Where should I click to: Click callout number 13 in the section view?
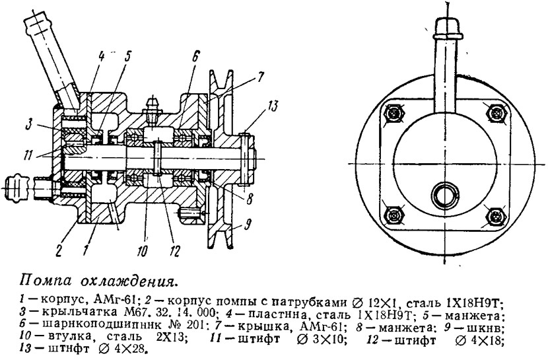click(x=273, y=106)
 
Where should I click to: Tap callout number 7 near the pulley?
click(x=261, y=77)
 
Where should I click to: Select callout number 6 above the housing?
click(x=195, y=57)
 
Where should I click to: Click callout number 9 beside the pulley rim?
click(x=247, y=225)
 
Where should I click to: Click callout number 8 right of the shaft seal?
click(x=249, y=199)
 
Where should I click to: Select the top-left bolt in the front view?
click(x=395, y=113)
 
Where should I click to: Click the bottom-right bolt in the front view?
click(x=497, y=217)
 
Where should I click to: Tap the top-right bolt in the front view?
click(x=497, y=113)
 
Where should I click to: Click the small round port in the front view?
click(x=445, y=194)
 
